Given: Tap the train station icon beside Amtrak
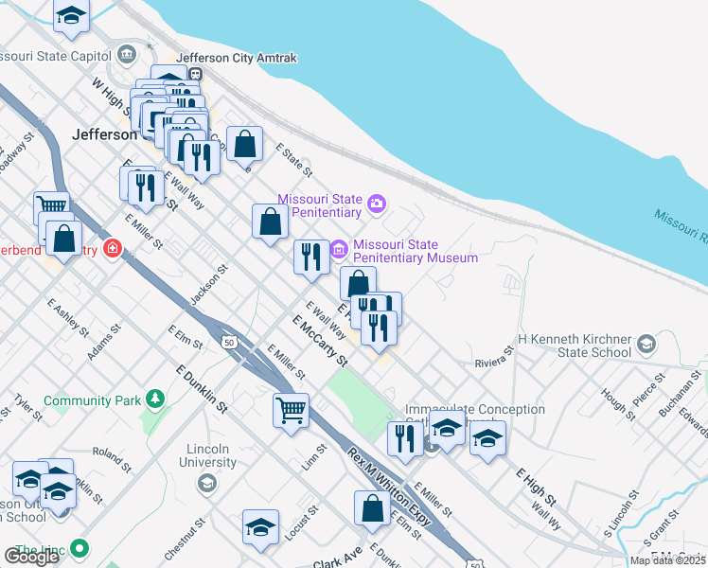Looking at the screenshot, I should (195, 74).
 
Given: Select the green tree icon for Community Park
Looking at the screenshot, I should (153, 400).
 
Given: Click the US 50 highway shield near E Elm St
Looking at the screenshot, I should (228, 342).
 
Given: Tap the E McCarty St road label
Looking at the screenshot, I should (320, 342).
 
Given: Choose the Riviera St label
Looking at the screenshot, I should (493, 356).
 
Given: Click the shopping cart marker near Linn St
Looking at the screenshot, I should (291, 411).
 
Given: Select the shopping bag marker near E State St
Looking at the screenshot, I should (244, 145).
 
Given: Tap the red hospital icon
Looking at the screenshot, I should (113, 250).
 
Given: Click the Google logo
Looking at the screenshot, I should (31, 557).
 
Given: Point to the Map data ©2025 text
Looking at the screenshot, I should (666, 560).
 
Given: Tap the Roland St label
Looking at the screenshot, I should (112, 457).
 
